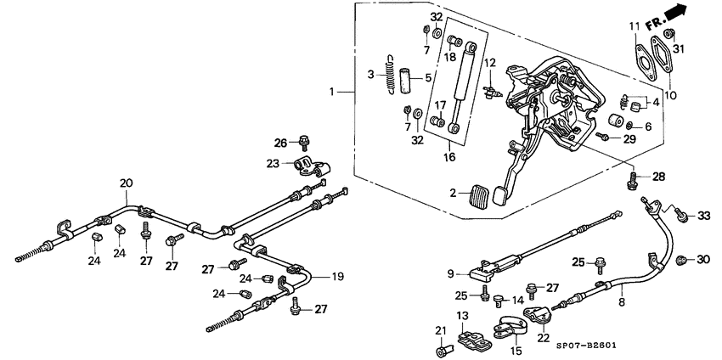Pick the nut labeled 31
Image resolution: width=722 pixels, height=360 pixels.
[669, 34]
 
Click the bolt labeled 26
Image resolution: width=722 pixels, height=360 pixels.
[304, 144]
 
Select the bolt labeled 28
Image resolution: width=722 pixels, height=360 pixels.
[632, 179]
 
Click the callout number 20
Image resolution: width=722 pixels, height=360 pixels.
[126, 183]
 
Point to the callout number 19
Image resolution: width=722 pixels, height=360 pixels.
[337, 276]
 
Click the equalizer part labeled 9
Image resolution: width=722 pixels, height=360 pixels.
[481, 273]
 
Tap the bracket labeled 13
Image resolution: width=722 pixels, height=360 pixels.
[474, 340]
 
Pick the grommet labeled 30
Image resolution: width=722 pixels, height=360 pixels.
[681, 260]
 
